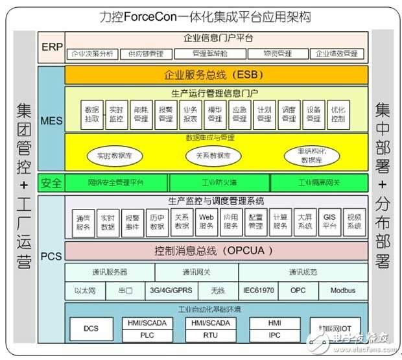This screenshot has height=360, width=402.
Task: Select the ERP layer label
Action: tap(51, 47)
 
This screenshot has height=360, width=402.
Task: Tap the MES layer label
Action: tap(51, 121)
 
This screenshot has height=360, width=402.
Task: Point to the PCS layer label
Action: tap(51, 256)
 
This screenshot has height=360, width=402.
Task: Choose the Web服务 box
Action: tap(206, 222)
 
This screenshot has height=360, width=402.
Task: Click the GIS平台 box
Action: tap(329, 222)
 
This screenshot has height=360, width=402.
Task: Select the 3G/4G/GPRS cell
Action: tap(172, 291)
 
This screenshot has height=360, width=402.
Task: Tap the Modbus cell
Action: tap(342, 291)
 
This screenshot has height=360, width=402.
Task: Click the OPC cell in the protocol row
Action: tap(298, 291)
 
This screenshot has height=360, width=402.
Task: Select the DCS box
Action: tap(91, 328)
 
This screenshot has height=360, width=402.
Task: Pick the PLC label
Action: tap(148, 334)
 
